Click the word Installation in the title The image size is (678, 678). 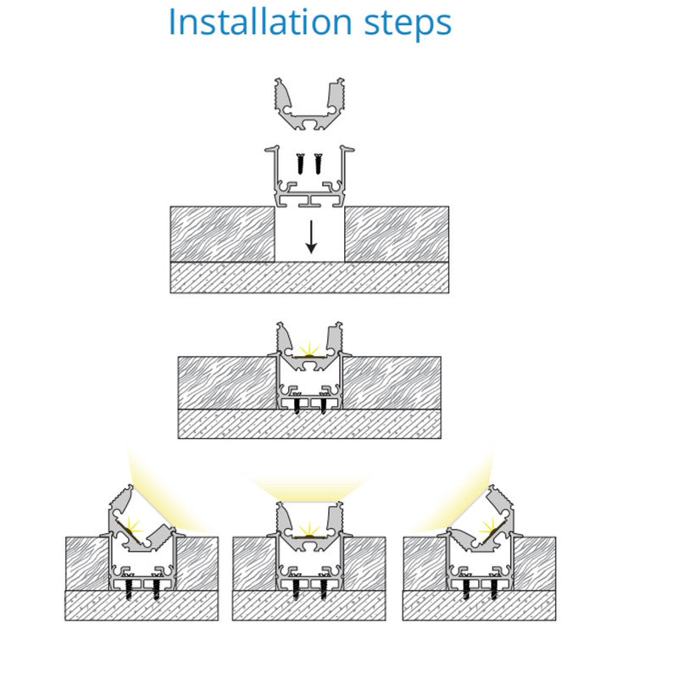point(260,22)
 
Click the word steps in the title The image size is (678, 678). point(408,25)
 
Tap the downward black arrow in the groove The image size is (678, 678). point(311,237)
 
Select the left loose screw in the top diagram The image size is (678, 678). point(301,164)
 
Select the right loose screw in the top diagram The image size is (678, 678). point(319,164)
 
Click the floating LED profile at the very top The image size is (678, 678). point(309,104)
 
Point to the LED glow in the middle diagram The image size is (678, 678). point(309,349)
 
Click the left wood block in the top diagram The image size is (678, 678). point(222,234)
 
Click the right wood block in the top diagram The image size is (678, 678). point(397,234)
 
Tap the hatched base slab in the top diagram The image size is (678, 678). point(309,278)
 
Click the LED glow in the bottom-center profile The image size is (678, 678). point(309,530)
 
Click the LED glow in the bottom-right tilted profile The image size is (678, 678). point(490,526)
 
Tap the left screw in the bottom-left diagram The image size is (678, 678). point(129,589)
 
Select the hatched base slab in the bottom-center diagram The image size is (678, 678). point(308,605)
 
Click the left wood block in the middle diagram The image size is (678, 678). point(227,383)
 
